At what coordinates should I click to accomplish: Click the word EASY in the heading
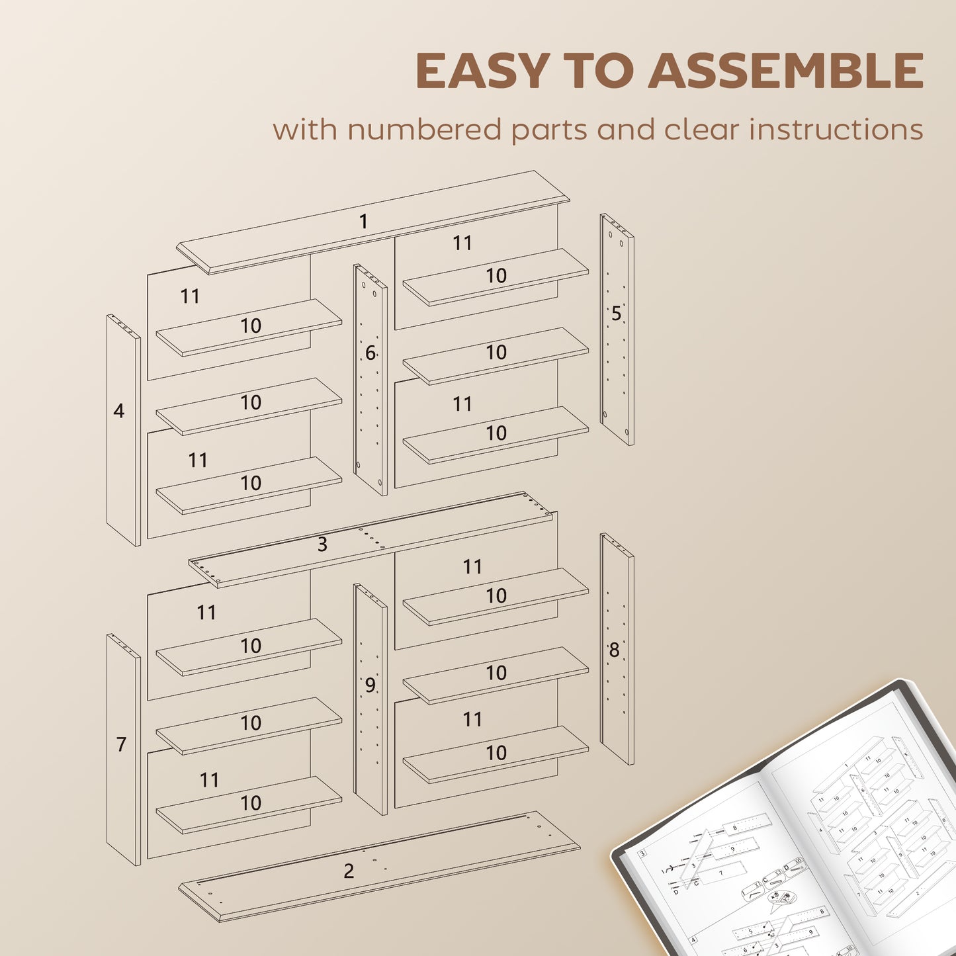pos(482,71)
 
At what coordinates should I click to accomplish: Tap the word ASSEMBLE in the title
pos(785,71)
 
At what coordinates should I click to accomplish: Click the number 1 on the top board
pos(363,222)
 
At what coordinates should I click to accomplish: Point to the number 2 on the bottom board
pos(349,871)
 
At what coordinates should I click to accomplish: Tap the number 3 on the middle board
pos(322,544)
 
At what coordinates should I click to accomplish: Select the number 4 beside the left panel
pos(118,412)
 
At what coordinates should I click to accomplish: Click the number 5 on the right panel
pos(616,314)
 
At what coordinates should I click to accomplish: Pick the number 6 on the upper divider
pos(370,353)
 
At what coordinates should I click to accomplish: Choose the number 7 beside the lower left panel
pos(121,745)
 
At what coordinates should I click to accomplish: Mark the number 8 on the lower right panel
pos(614,651)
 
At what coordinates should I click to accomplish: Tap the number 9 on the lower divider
pos(370,685)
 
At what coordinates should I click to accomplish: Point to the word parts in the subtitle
pos(550,130)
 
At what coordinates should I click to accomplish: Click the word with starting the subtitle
pos(305,129)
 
